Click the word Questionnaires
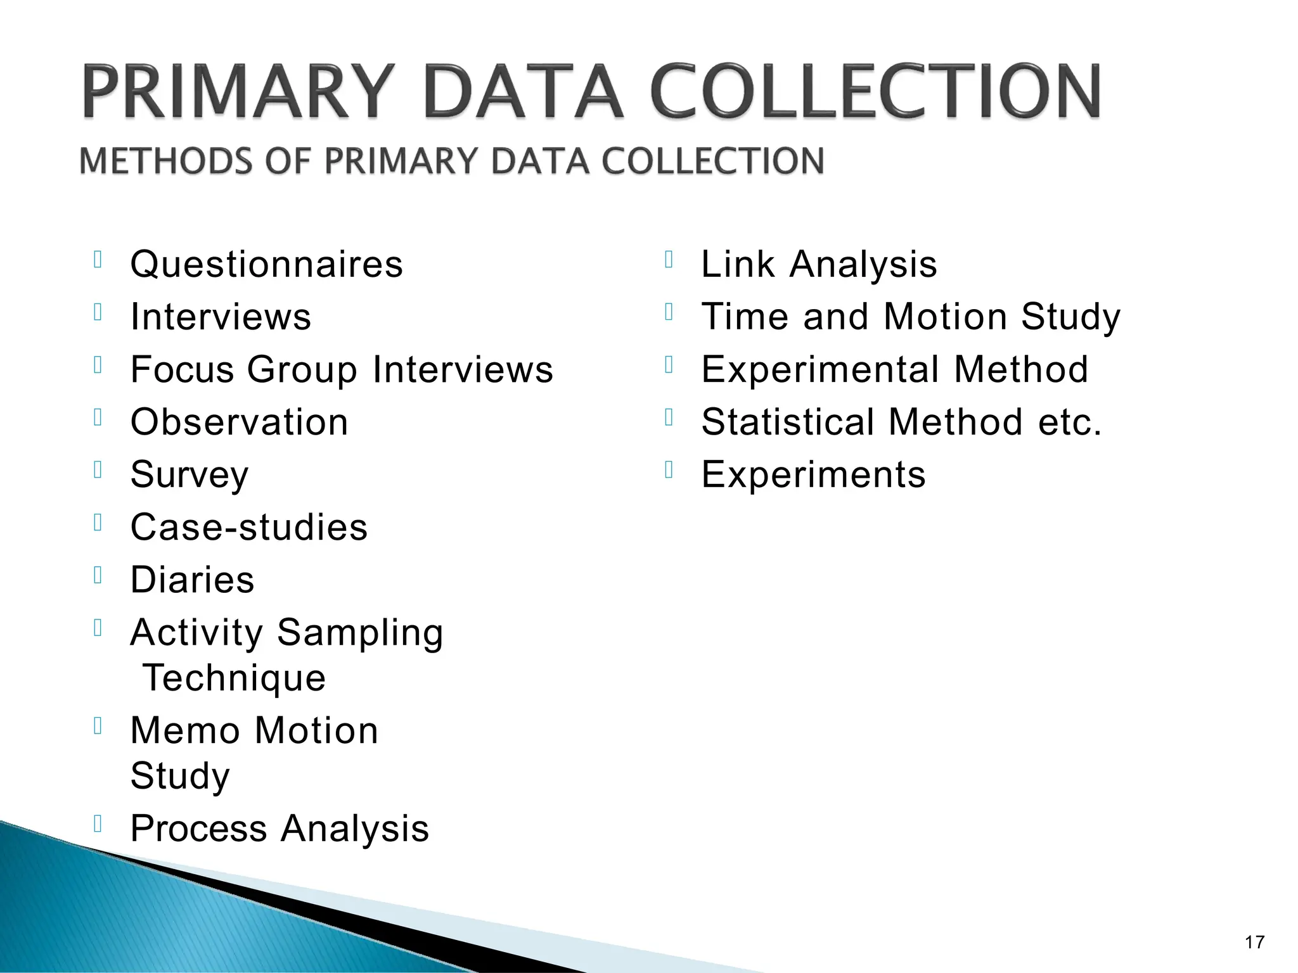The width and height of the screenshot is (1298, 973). coord(266,265)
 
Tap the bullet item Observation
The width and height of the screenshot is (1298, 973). coord(239,423)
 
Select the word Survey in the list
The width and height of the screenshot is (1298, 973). coord(189,475)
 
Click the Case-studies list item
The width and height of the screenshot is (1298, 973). coord(248,527)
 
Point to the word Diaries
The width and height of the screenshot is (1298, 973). coord(192,580)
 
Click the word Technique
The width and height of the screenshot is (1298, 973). coord(234,678)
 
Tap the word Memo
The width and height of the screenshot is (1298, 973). coord(184,731)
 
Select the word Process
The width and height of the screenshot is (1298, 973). coord(198,829)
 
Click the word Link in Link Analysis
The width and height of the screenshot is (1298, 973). coord(738,264)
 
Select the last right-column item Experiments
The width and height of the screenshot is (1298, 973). coord(813,475)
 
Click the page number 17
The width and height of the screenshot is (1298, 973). coord(1254,943)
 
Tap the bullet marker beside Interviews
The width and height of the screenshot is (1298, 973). coord(98,312)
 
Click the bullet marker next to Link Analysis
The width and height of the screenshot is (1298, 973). coord(668,260)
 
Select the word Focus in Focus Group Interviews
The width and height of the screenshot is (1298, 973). coord(180,370)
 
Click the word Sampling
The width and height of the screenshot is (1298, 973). coord(359,633)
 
